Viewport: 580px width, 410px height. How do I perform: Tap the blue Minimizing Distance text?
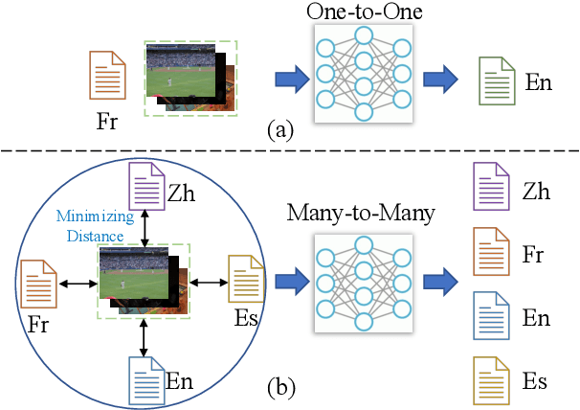pos(88,224)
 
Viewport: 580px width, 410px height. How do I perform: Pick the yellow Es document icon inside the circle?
pos(241,279)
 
